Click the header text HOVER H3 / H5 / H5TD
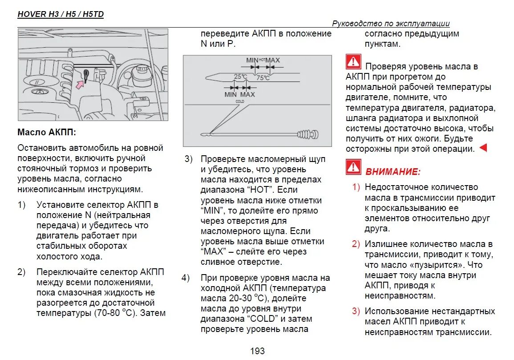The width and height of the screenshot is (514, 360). pos(61,14)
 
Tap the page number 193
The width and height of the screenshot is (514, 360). pos(257,351)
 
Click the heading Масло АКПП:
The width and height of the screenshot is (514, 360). pos(47,132)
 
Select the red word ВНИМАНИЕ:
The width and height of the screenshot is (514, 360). pos(393,172)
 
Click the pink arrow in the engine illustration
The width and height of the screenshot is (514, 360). pos(80,84)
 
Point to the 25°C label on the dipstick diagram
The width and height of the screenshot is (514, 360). pos(240,77)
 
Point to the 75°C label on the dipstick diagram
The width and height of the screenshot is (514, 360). pos(263,78)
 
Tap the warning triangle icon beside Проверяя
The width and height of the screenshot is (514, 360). pos(353,62)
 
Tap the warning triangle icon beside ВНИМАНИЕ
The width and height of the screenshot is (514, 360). pos(353,167)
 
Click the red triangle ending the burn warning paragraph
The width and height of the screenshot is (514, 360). pos(483,148)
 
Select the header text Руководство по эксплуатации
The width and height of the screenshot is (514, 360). pos(391,24)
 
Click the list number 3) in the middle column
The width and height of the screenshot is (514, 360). pos(189,159)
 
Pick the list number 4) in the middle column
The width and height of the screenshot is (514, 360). pos(186,278)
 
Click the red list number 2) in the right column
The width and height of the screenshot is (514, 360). pos(356,244)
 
